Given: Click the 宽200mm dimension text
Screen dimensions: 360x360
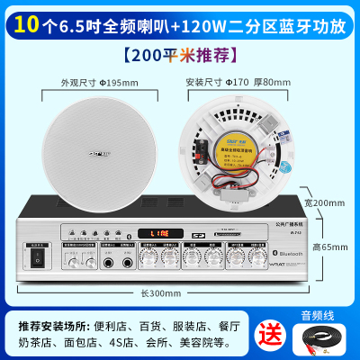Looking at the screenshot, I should (x=328, y=203).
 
